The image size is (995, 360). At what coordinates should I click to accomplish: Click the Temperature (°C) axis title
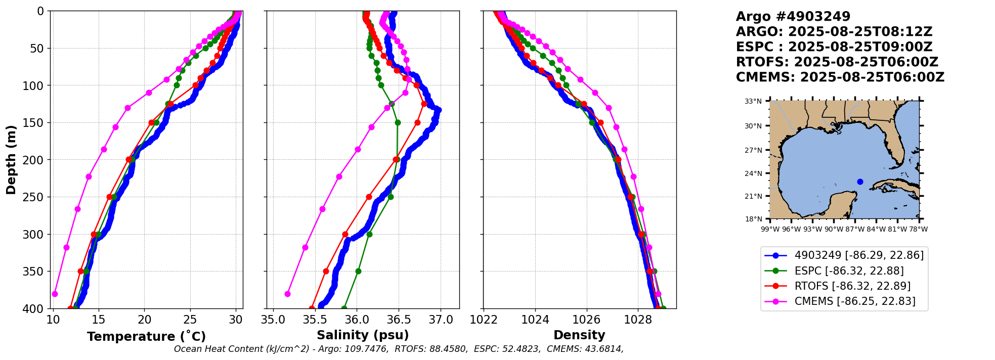pyautogui.click(x=146, y=336)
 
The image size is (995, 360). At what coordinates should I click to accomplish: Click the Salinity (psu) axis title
pyautogui.click(x=363, y=335)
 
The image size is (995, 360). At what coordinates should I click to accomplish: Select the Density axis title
pyautogui.click(x=579, y=335)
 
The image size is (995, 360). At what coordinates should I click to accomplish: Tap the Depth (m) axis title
pyautogui.click(x=11, y=160)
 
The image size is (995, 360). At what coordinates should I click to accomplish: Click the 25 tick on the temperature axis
pyautogui.click(x=190, y=320)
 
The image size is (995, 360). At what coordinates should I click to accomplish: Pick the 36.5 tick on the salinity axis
pyautogui.click(x=399, y=320)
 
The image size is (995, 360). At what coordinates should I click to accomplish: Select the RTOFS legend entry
pyautogui.click(x=852, y=286)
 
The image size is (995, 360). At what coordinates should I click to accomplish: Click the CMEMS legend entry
pyautogui.click(x=855, y=301)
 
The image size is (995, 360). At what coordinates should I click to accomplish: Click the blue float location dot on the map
pyautogui.click(x=860, y=182)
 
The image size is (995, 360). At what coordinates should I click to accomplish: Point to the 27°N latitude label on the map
pyautogui.click(x=753, y=150)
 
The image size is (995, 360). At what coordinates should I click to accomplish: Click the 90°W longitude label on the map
pyautogui.click(x=834, y=229)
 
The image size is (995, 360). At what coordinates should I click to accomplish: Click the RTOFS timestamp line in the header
pyautogui.click(x=837, y=62)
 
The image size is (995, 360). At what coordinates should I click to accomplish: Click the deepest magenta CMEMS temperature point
pyautogui.click(x=55, y=294)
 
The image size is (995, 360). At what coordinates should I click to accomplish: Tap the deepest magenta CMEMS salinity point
pyautogui.click(x=287, y=294)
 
